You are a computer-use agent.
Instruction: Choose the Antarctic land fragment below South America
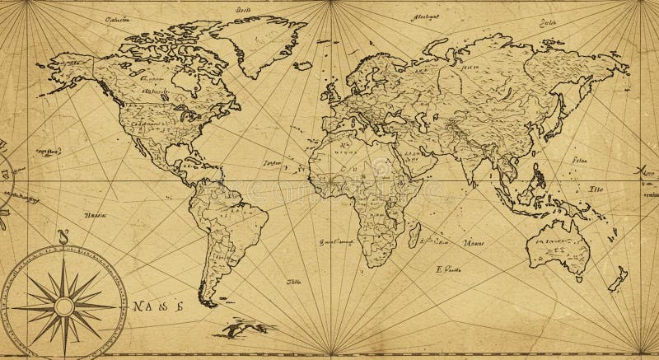coord(239,329)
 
